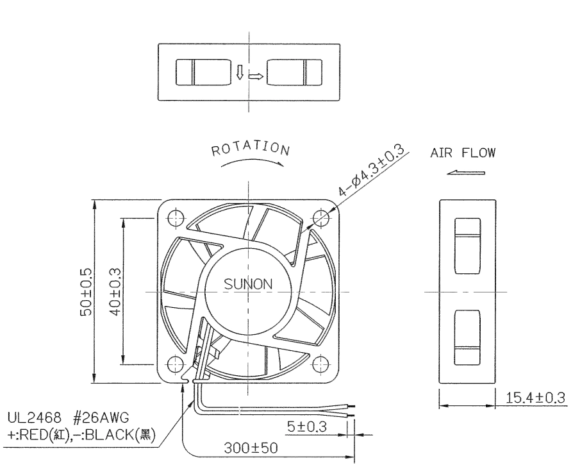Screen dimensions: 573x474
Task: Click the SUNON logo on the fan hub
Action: coord(248,284)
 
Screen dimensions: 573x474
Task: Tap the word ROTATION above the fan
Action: coord(251,148)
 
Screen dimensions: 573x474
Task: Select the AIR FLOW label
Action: coord(463,153)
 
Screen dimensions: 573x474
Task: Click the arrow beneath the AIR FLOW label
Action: coord(466,173)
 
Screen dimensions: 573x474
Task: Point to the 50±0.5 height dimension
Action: coord(87,292)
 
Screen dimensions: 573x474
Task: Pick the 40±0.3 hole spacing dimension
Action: coord(115,292)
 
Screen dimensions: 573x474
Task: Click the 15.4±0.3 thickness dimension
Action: coord(535,398)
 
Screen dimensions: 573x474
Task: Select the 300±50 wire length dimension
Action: coord(251,448)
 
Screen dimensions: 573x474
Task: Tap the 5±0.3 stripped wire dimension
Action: coord(307,427)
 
